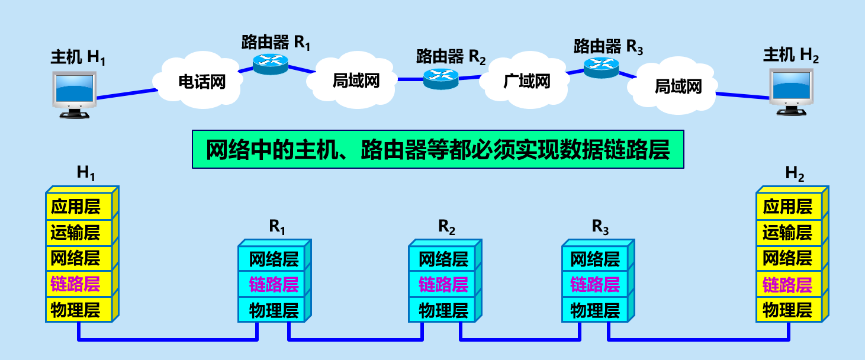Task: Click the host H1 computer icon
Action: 73,94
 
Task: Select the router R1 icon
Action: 271,62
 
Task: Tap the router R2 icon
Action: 441,77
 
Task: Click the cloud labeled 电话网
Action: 202,81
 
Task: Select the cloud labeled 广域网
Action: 526,81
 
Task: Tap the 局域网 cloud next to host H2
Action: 677,87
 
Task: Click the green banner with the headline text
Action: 438,150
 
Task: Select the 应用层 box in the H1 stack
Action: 76,206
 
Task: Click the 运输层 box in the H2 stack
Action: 787,233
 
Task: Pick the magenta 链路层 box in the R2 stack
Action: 443,284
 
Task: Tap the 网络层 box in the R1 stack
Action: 273,259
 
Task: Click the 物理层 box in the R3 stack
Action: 594,310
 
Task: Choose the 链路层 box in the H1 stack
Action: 76,284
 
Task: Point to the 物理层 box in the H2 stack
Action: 787,310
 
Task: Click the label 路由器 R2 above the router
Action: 451,57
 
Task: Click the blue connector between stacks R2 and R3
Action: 519,340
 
